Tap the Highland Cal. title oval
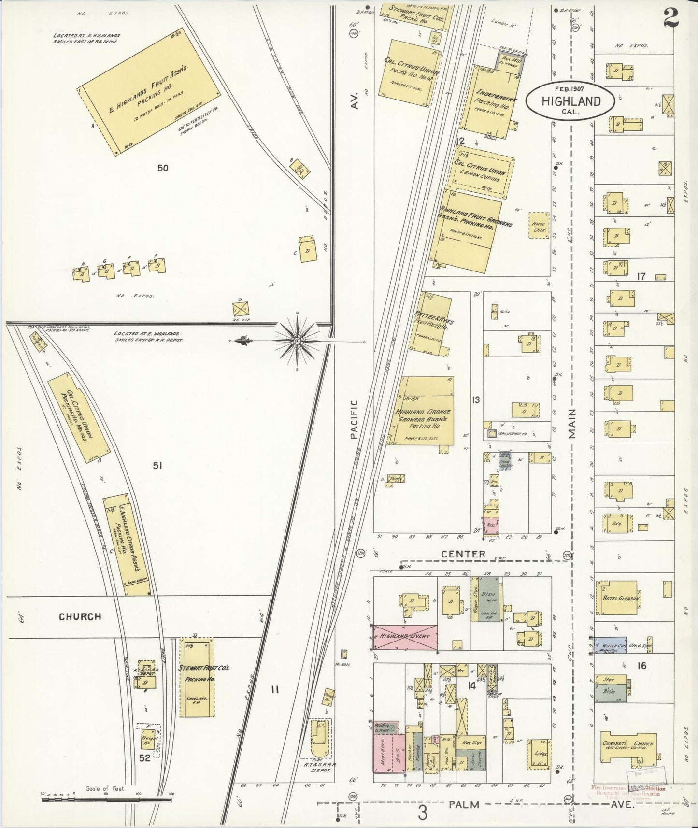[x=570, y=101]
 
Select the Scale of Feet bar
[x=106, y=800]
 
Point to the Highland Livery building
[x=405, y=637]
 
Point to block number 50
[x=163, y=168]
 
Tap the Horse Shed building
[x=539, y=227]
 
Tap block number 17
[x=641, y=277]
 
